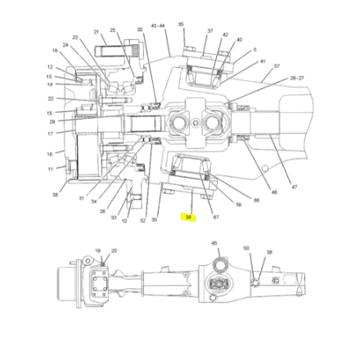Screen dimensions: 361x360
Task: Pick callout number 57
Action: tap(277, 68)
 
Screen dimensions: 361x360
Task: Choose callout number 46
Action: tap(274, 193)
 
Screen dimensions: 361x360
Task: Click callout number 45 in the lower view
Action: tap(214, 243)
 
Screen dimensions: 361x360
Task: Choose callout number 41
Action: tap(262, 60)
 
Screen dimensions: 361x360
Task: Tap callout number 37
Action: tap(210, 33)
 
